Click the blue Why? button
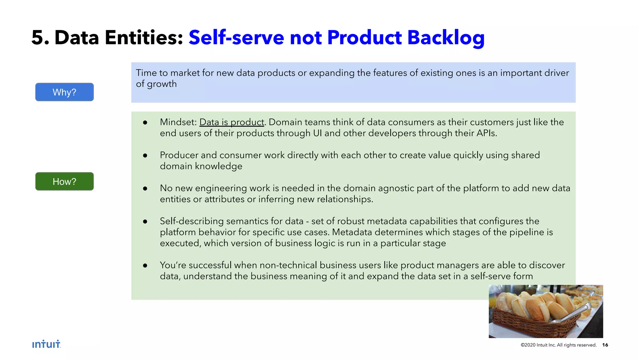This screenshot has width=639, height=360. pos(64,92)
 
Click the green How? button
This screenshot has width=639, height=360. pos(64,181)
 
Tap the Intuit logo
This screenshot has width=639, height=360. pos(46,344)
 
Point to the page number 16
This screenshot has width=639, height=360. pos(605,345)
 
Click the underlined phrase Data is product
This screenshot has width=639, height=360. pos(232,122)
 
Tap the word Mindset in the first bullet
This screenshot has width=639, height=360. pos(177,122)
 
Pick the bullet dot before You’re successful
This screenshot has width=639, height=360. pos(145,265)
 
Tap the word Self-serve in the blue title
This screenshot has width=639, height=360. pos(236,37)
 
